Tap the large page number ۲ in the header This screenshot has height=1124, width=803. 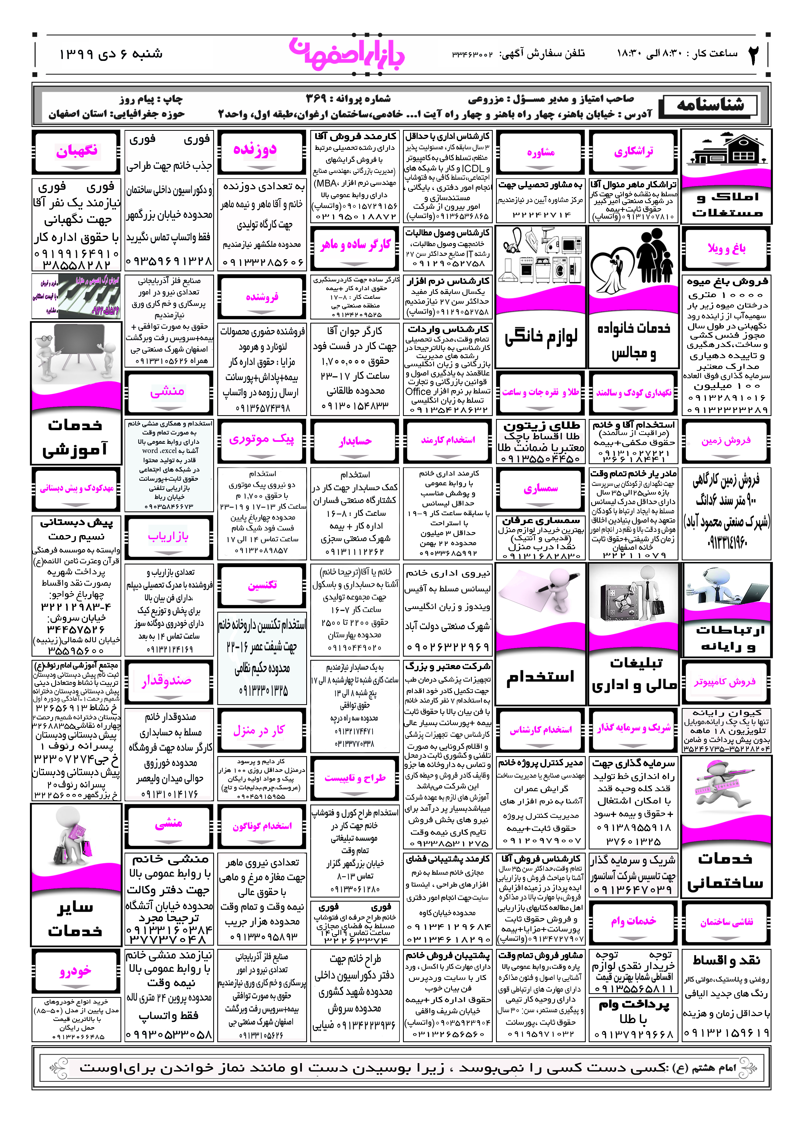pyautogui.click(x=753, y=54)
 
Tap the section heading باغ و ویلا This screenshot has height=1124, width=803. pyautogui.click(x=726, y=248)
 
